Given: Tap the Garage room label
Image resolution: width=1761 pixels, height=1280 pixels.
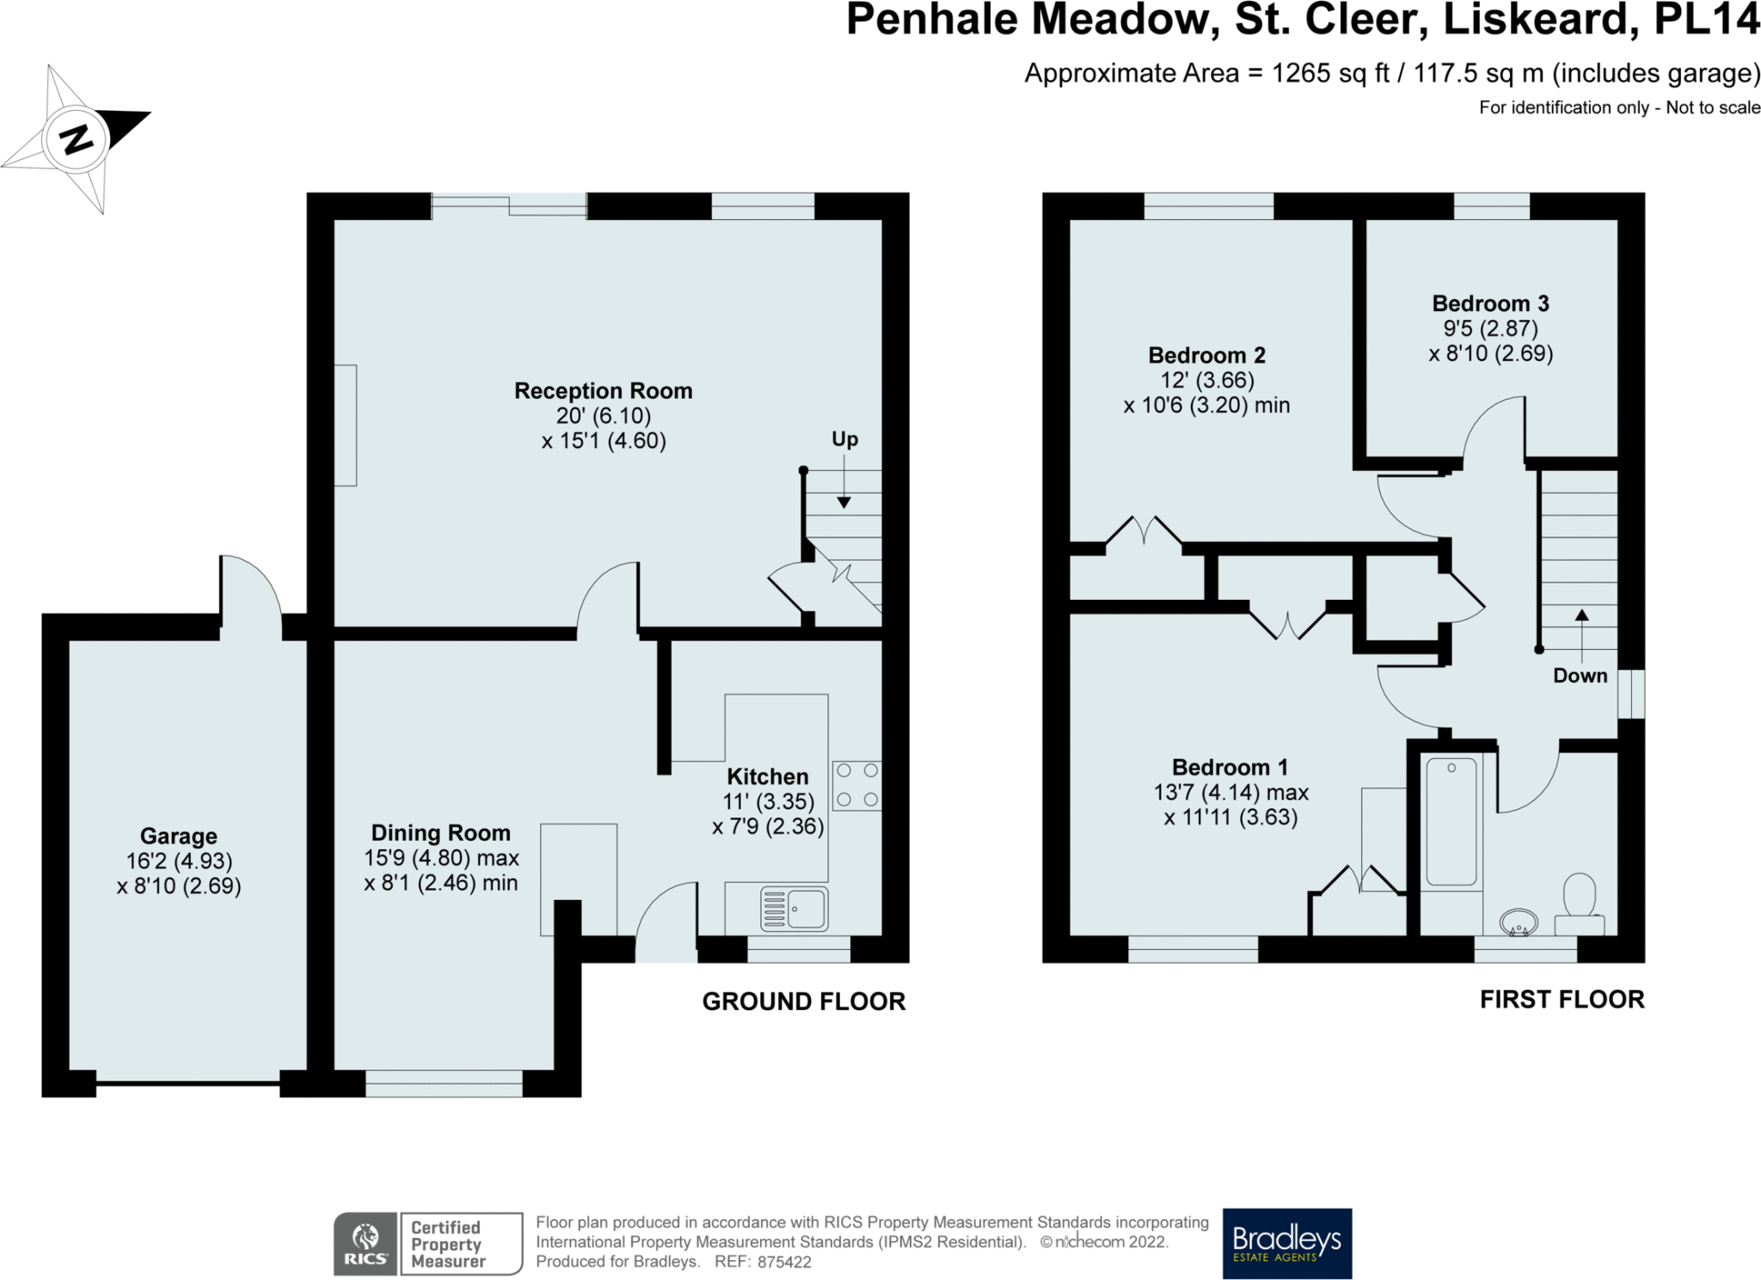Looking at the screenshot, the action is pos(179,836).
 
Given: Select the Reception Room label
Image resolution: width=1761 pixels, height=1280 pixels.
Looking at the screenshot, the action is pos(604,391).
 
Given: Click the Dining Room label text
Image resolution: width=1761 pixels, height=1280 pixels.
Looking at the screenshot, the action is pos(441,833).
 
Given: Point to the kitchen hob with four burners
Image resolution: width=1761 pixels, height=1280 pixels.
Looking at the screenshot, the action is pos(856,786).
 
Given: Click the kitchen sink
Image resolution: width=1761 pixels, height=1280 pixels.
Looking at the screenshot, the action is pos(795,909).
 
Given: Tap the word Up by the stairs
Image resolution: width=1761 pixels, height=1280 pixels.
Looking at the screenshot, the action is pos(844,439).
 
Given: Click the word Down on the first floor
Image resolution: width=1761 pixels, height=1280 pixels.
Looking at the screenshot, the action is pos(1580,676).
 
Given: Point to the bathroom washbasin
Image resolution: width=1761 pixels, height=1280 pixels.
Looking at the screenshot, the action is pos(1519,922).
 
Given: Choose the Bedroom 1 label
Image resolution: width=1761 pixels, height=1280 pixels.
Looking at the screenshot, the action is pos(1230,768).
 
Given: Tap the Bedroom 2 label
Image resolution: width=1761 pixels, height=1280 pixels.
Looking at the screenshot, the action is pos(1207,355).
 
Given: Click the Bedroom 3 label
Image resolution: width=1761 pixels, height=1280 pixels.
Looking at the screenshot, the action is pos(1491,303).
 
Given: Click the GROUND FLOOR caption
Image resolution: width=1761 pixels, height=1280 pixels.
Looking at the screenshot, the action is pos(804,1001).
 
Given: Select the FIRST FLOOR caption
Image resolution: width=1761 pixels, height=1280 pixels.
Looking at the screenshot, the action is pos(1562,999).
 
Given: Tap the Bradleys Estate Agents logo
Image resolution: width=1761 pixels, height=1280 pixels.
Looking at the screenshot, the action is pos(1287,1243).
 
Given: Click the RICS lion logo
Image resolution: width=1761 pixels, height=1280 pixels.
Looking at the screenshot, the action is pos(365,1243).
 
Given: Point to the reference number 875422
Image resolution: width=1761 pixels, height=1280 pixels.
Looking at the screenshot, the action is pos(784,1262).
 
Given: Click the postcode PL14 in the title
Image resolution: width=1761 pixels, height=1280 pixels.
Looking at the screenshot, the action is pos(1707,19).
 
